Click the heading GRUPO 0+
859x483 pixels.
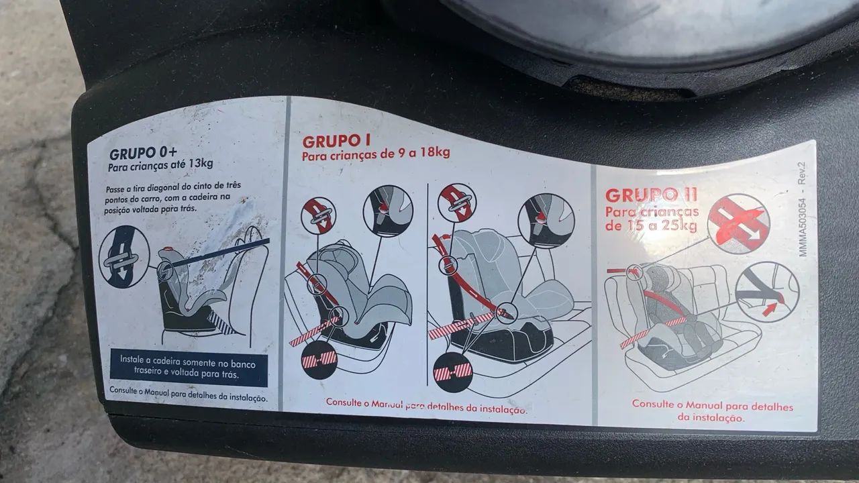(x=143, y=154)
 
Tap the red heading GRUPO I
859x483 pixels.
(x=336, y=142)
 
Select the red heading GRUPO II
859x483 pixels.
(x=651, y=195)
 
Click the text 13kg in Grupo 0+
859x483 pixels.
(x=201, y=164)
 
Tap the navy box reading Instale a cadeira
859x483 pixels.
(x=189, y=367)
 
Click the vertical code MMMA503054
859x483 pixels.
(x=803, y=227)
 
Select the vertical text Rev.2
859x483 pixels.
(x=801, y=173)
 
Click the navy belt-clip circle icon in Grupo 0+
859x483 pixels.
(x=123, y=256)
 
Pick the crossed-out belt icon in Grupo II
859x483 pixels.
(x=738, y=224)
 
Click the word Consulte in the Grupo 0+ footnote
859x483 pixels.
(x=123, y=390)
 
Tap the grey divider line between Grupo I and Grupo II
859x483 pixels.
(x=595, y=295)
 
